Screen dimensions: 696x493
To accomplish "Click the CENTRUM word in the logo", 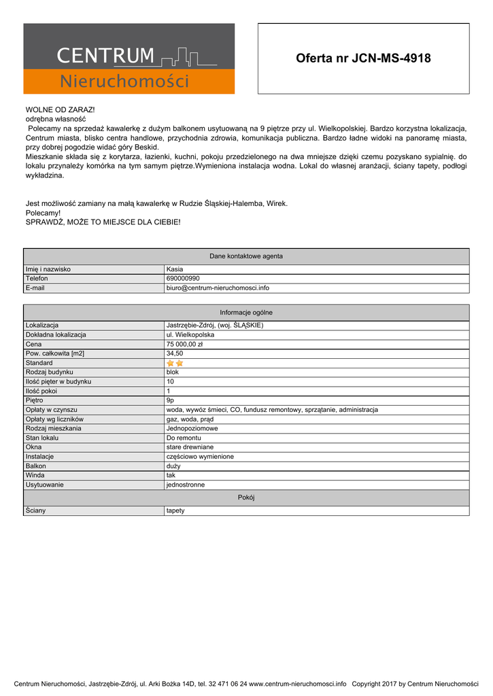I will point(105,55).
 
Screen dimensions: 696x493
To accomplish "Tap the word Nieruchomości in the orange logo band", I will point(124,82).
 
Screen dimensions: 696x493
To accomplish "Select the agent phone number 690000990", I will point(183,278).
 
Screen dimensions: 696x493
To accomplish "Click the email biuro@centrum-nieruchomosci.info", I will point(218,288).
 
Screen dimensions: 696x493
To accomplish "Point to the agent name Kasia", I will point(175,269).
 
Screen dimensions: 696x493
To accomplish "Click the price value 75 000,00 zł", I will point(185,344).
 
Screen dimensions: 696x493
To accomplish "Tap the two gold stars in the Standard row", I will point(175,363).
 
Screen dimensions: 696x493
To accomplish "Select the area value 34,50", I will point(175,353).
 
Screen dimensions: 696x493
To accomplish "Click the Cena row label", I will point(34,344).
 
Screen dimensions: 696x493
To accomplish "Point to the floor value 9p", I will point(171,400).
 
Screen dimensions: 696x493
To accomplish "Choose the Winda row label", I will point(35,475).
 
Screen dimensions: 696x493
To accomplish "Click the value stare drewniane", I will point(190,447).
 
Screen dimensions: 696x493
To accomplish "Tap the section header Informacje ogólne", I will point(246,312).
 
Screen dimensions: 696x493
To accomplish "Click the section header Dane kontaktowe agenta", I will point(246,256).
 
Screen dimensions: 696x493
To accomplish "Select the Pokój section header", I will point(246,498).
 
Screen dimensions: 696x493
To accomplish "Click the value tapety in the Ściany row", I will point(175,510).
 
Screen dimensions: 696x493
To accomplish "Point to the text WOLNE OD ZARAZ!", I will point(61,109).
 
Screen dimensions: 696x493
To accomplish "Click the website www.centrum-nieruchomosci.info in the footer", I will point(298,684).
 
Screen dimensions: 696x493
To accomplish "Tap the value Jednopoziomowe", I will point(192,428).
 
